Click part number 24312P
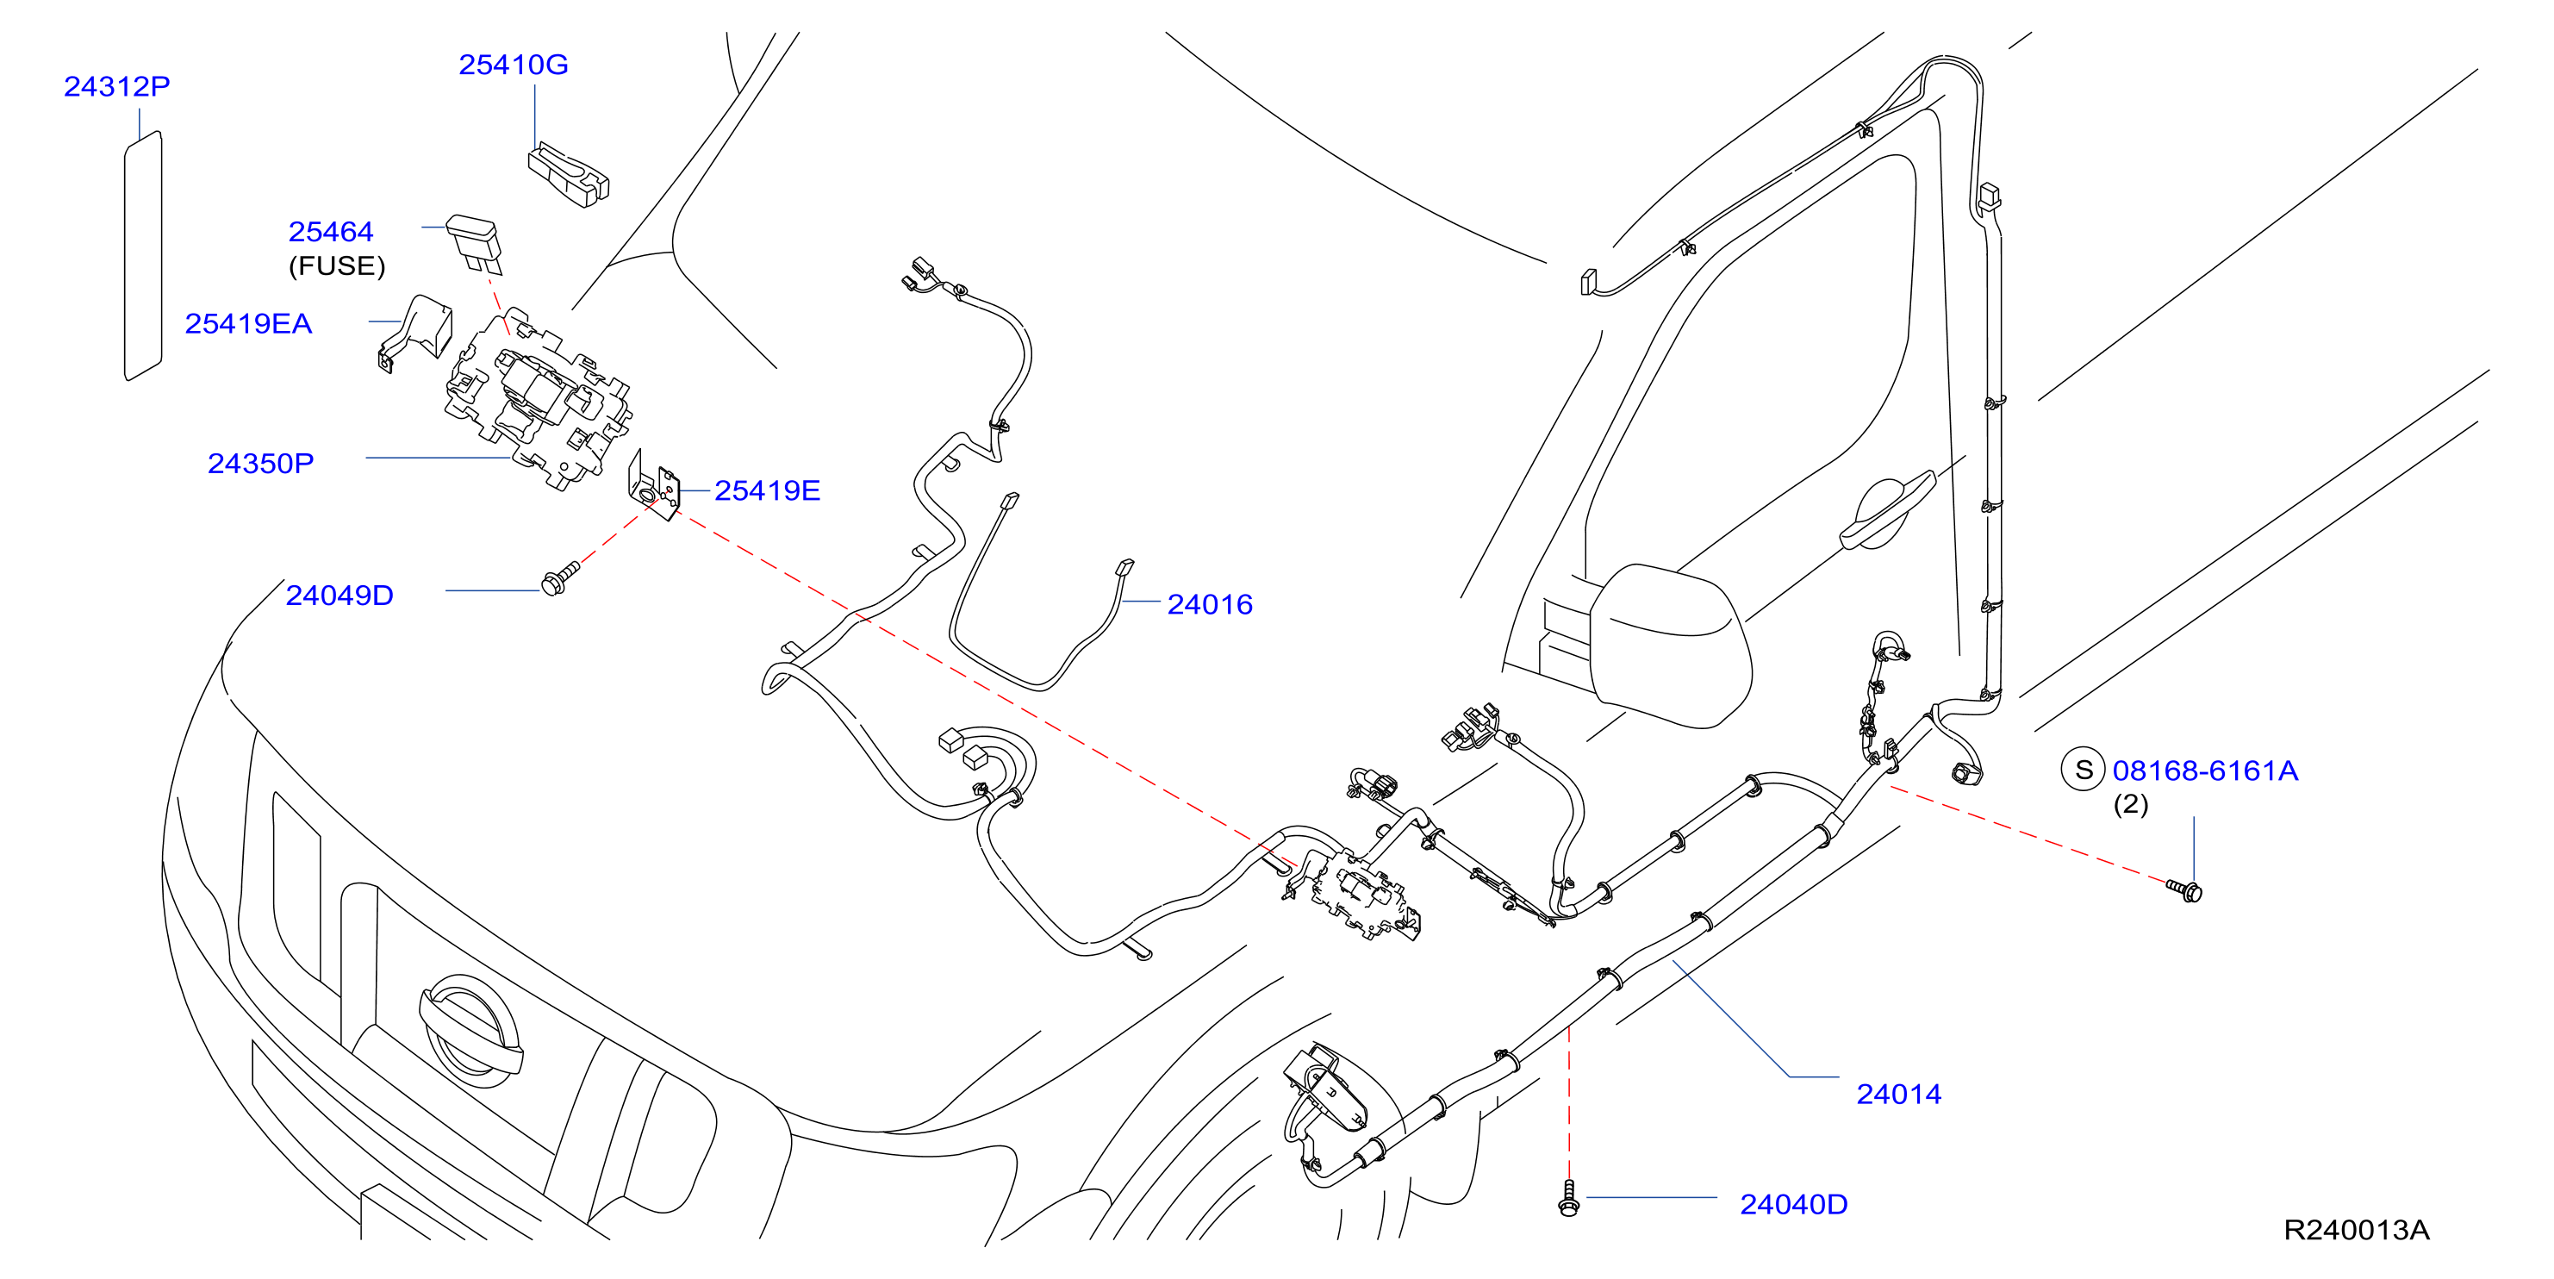[x=117, y=86]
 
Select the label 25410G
[x=513, y=65]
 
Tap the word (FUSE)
[x=337, y=265]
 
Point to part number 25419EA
[x=248, y=323]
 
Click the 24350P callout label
[x=261, y=463]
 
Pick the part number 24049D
[x=339, y=595]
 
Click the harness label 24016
[x=1210, y=604]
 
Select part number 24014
[x=1898, y=1094]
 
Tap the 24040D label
[x=1793, y=1204]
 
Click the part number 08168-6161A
[x=2205, y=771]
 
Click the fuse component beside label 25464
[x=476, y=242]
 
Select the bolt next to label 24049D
[x=560, y=579]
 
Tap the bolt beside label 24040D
[x=1568, y=1198]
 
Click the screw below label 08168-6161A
[x=2185, y=889]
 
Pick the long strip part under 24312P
[x=143, y=256]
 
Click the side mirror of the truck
[x=1671, y=646]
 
